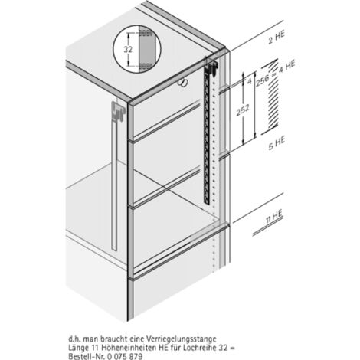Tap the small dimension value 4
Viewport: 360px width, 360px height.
(x=248, y=77)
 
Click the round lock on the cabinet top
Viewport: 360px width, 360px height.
(x=182, y=81)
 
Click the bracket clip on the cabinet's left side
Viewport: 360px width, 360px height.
(x=116, y=112)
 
